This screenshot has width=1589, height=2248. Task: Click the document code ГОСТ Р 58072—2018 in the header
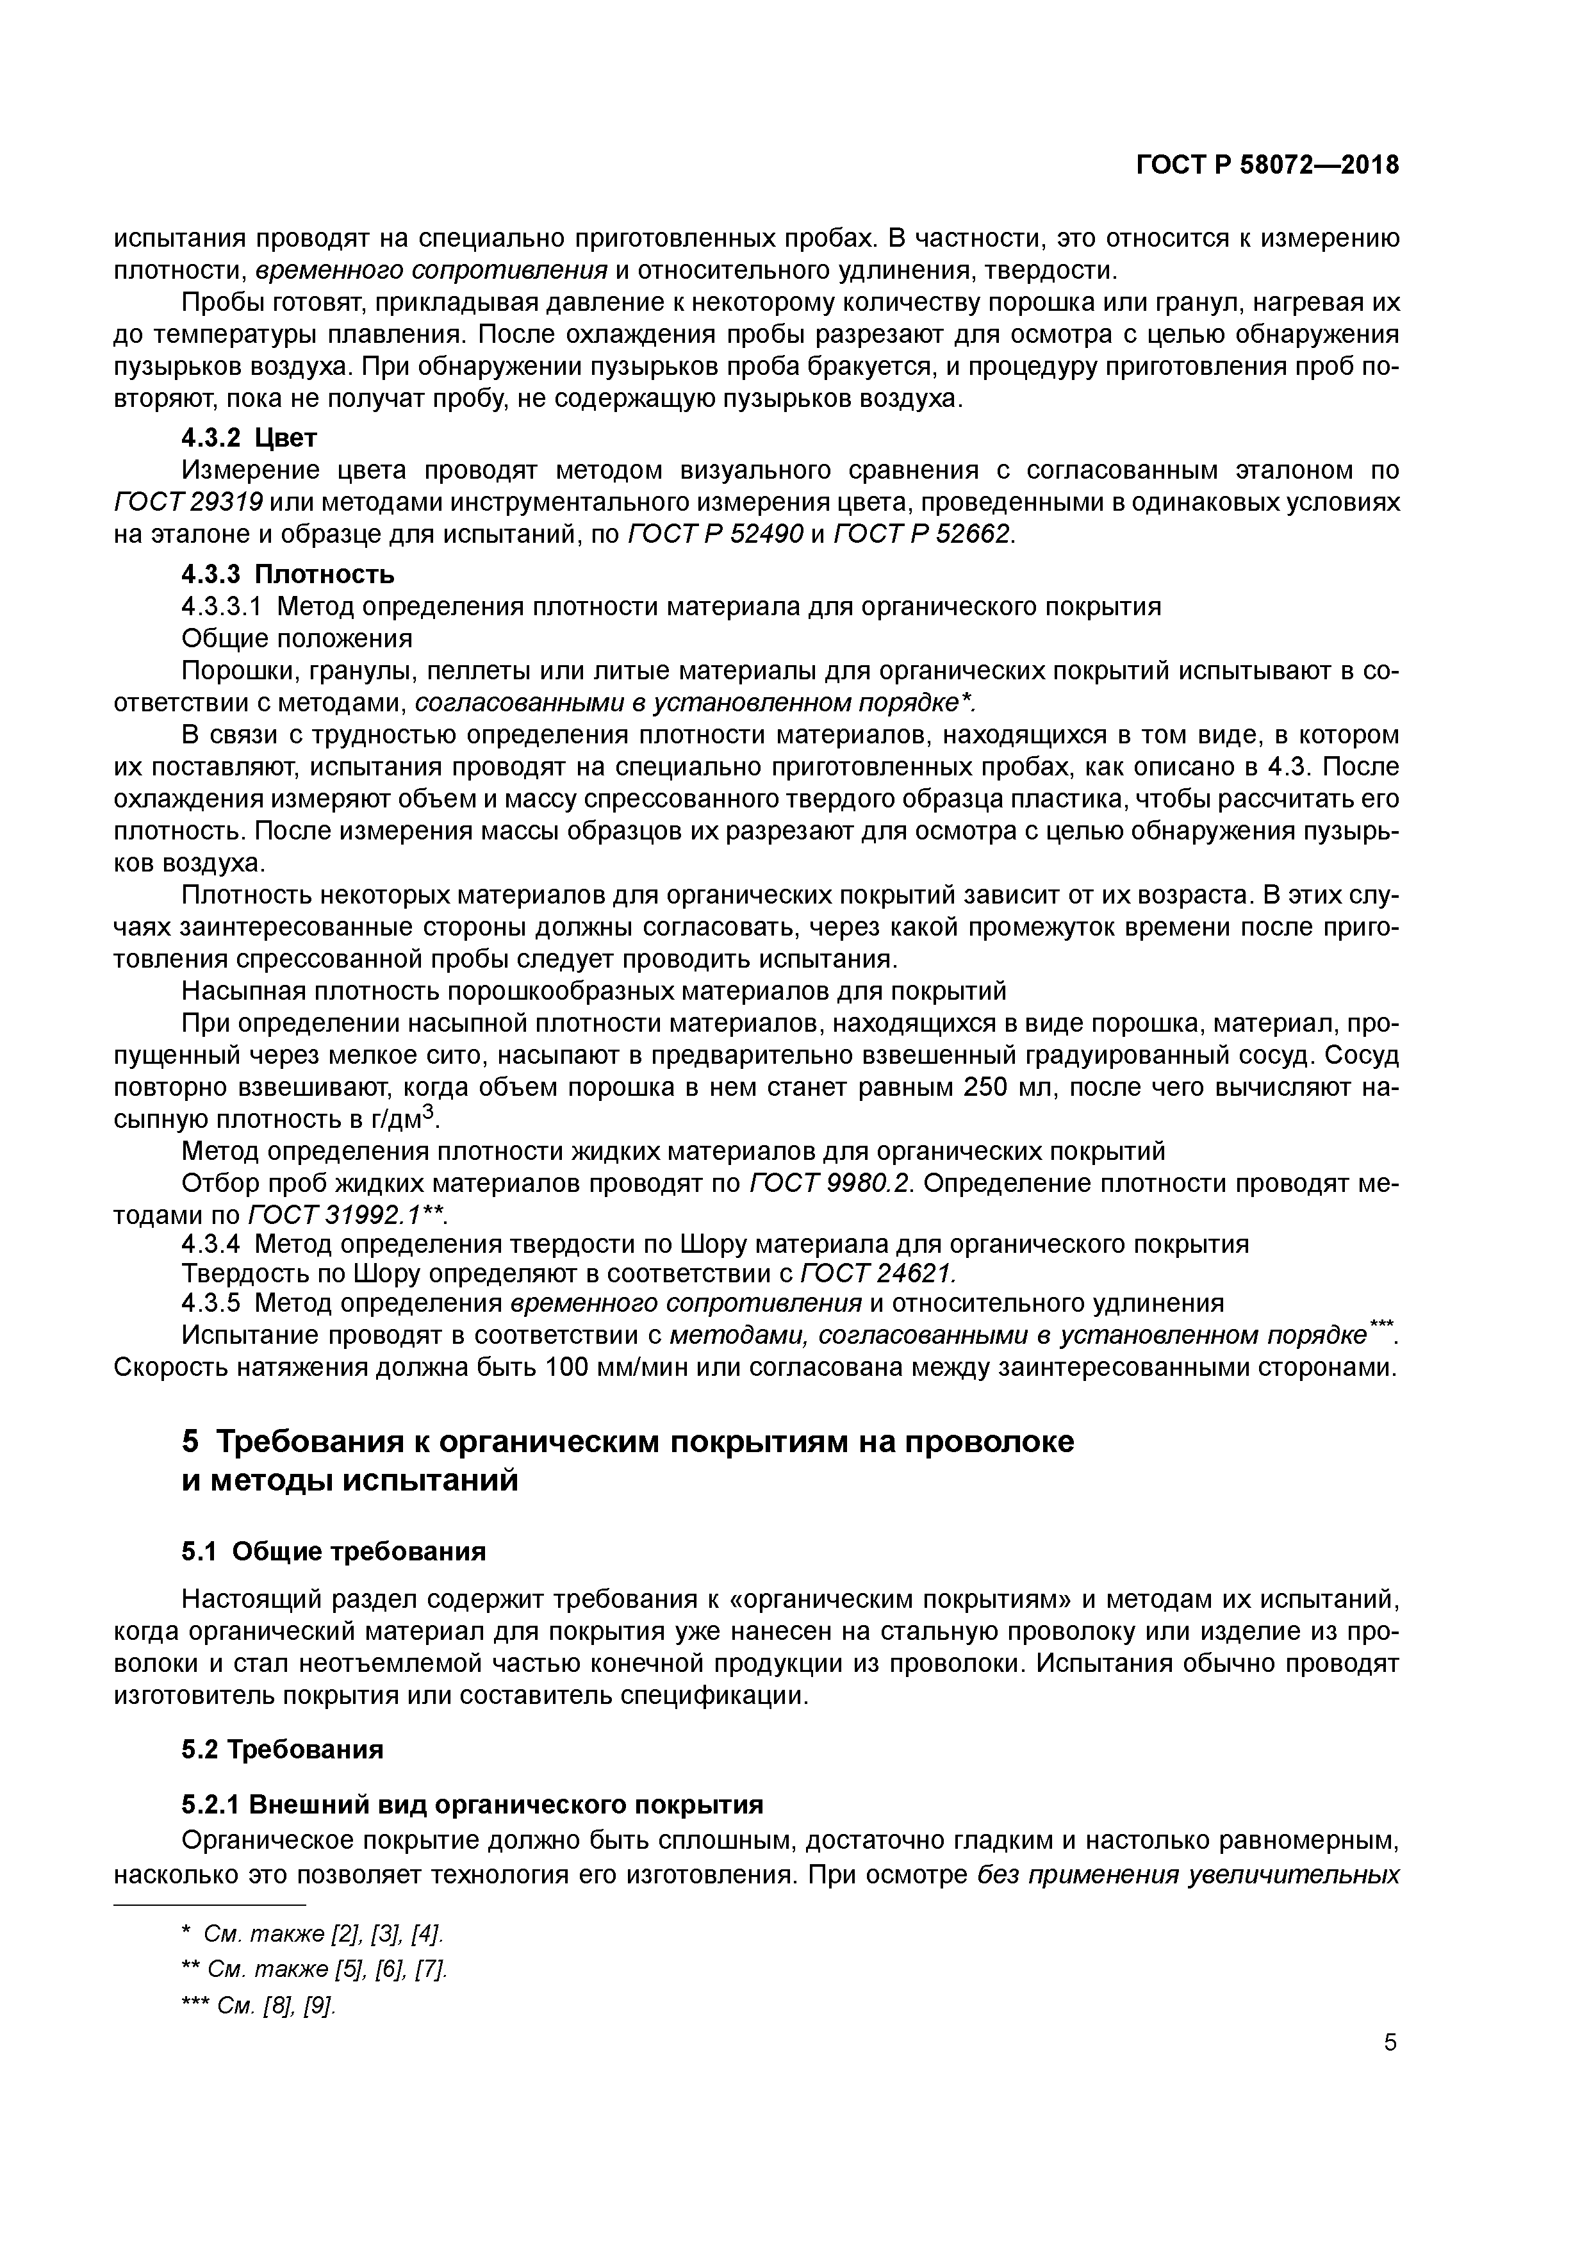coord(1267,165)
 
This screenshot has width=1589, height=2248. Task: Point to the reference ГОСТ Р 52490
coord(714,534)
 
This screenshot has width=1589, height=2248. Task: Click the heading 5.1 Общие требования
coord(334,1552)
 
